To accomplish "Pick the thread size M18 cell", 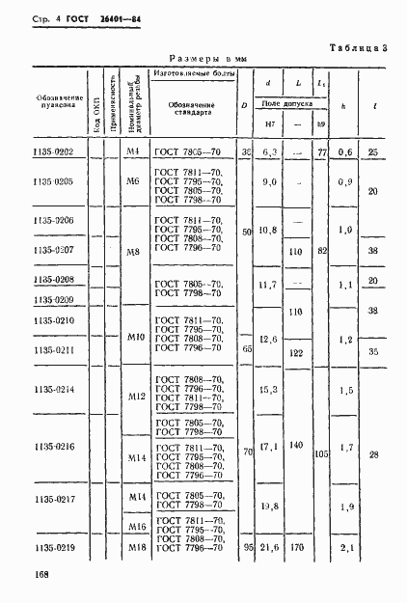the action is pyautogui.click(x=136, y=547).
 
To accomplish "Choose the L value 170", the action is pyautogui.click(x=296, y=547).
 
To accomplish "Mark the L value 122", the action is pyautogui.click(x=296, y=354).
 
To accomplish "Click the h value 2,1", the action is pyautogui.click(x=346, y=547).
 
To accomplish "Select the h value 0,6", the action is pyautogui.click(x=346, y=151).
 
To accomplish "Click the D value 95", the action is pyautogui.click(x=247, y=547).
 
